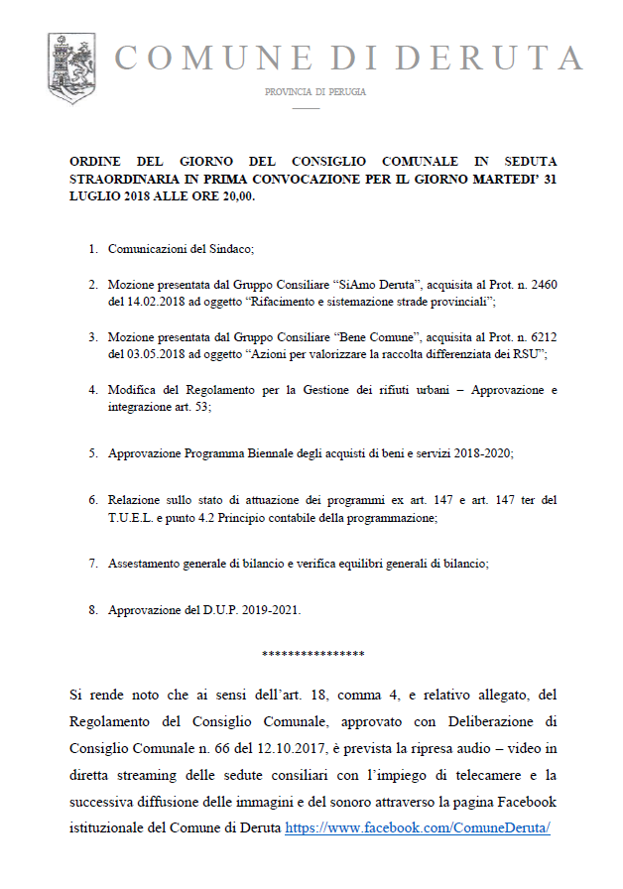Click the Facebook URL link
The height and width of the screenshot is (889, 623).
point(417,826)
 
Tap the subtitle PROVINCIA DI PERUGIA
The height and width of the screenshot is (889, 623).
point(314,92)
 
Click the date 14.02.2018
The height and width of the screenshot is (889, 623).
point(150,300)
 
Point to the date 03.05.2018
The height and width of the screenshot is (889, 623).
point(150,353)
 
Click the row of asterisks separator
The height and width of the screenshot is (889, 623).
point(312,655)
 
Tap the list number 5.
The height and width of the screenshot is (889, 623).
point(92,452)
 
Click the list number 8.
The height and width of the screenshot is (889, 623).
point(92,610)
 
